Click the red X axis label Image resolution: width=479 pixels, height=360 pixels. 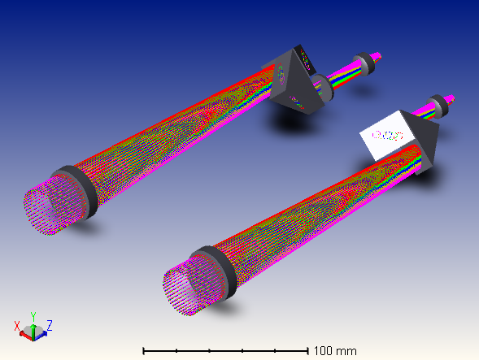17,326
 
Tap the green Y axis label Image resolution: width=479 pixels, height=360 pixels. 33,317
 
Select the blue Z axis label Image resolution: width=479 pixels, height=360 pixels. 50,325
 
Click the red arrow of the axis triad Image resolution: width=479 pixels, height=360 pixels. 26,336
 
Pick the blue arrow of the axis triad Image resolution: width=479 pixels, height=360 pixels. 41,335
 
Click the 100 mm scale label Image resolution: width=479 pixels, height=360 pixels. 335,351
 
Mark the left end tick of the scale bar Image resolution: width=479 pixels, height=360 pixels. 144,351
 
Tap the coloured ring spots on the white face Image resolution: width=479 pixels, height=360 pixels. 388,136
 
